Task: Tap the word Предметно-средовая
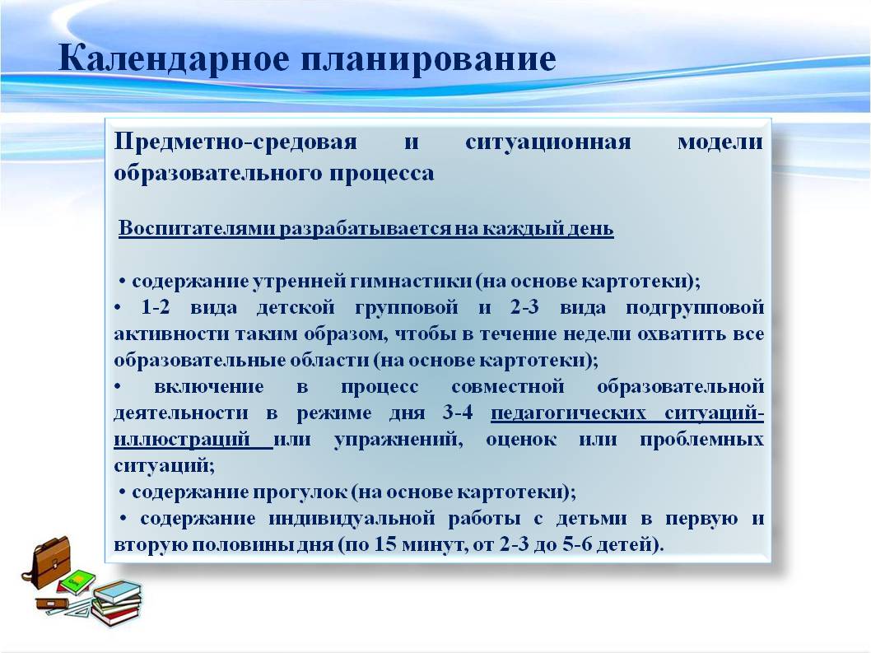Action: (x=235, y=142)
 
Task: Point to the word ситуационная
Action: (x=547, y=142)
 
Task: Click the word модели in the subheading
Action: (x=720, y=142)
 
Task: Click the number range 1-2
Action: (x=156, y=307)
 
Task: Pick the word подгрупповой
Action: (x=695, y=308)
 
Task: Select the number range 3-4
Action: (x=458, y=413)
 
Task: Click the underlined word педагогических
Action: (x=568, y=413)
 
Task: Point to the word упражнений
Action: (x=398, y=441)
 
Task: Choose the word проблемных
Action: (x=701, y=441)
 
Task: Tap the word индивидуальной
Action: (x=352, y=519)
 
